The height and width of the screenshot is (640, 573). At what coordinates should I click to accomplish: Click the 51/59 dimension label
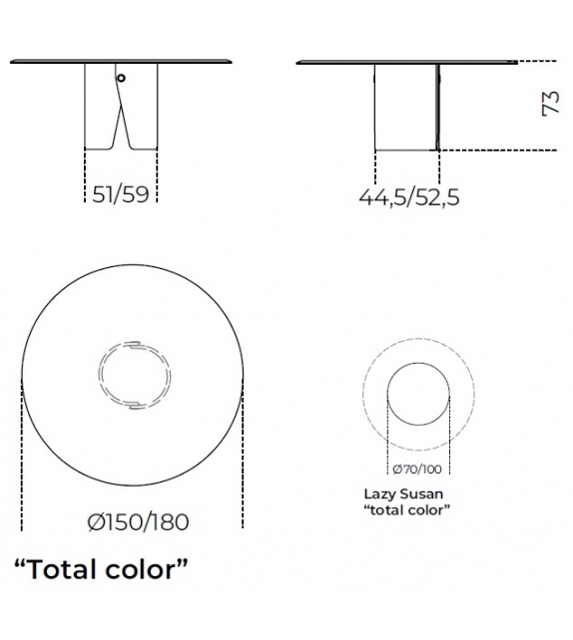(x=120, y=194)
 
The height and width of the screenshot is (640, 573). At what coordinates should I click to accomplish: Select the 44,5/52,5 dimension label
(x=409, y=196)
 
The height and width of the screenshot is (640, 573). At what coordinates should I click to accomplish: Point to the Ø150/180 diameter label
(x=137, y=521)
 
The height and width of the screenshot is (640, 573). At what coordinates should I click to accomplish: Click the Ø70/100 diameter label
(x=419, y=468)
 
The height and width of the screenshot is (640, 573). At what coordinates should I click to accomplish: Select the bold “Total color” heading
(x=100, y=569)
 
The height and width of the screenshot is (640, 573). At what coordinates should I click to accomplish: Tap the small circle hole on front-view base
(x=120, y=79)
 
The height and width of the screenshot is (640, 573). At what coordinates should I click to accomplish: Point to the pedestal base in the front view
(x=100, y=110)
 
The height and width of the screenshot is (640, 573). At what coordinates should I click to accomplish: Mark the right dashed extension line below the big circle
(x=243, y=469)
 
